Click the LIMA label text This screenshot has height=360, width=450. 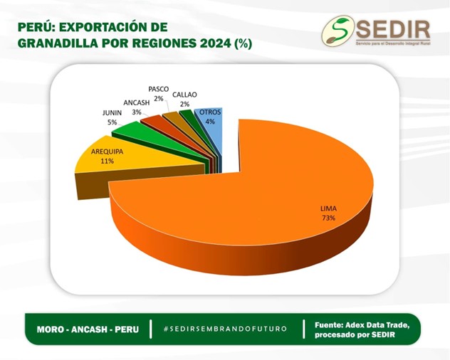click(328, 208)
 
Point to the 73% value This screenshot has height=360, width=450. click(328, 218)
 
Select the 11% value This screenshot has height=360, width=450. click(108, 162)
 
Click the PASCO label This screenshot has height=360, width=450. click(158, 89)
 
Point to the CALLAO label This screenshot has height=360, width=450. click(184, 95)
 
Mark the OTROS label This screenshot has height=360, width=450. click(210, 112)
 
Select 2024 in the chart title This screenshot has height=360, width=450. click(216, 43)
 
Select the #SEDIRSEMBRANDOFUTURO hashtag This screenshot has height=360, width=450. click(225, 329)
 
